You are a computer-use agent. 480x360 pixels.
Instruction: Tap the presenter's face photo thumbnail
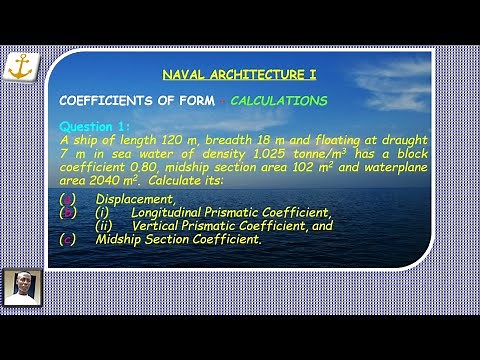17,287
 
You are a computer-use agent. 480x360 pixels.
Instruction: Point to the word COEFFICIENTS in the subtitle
106,101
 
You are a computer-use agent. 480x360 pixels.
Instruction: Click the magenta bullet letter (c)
66,240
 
